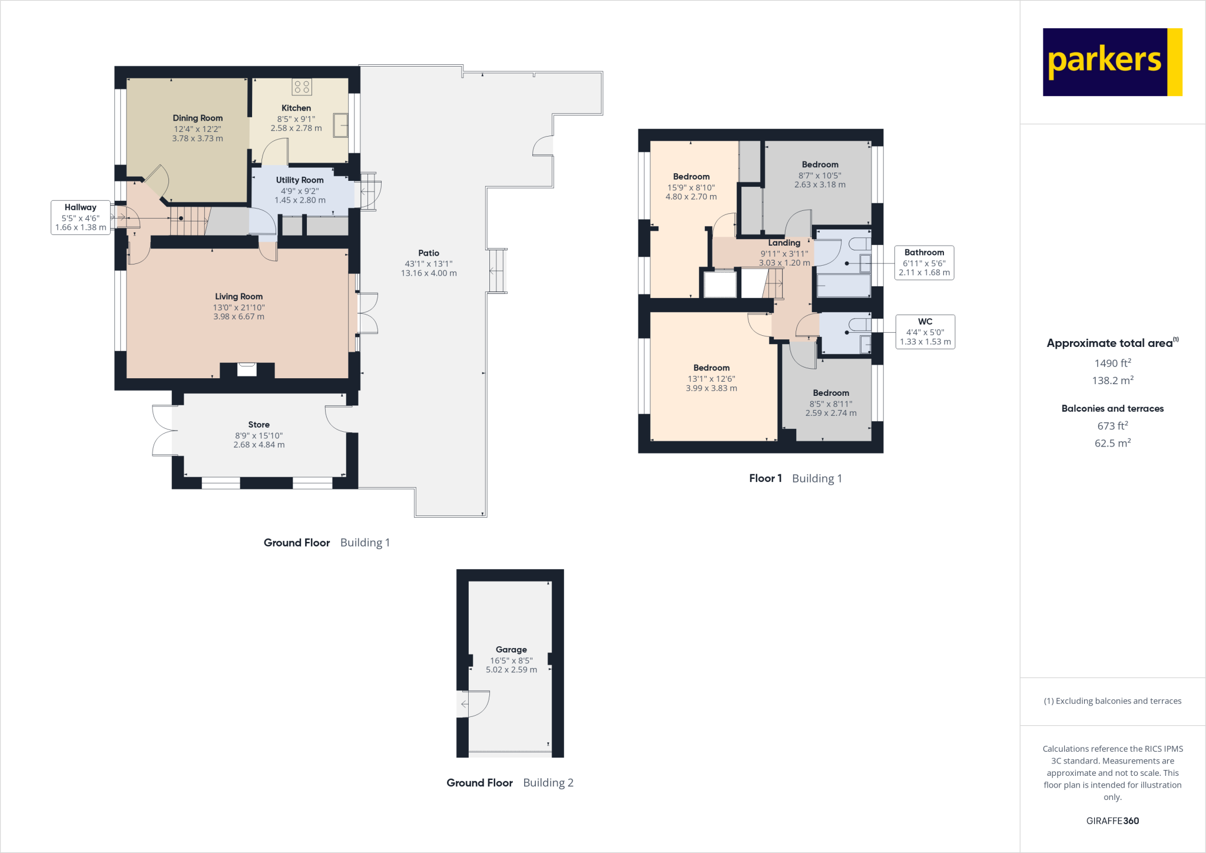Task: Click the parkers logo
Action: click(x=1112, y=62)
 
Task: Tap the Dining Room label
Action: click(x=197, y=118)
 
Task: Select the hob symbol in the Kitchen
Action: click(x=301, y=87)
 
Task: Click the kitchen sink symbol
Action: click(x=340, y=125)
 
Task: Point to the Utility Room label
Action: click(x=300, y=180)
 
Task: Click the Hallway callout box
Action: click(x=81, y=217)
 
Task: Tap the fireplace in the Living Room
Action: click(x=247, y=370)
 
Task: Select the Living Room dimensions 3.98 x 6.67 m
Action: click(x=238, y=317)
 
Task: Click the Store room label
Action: click(x=259, y=424)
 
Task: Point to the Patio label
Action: click(x=429, y=253)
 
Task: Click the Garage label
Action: click(x=511, y=649)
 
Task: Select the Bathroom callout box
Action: click(x=924, y=263)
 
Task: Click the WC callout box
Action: click(x=925, y=332)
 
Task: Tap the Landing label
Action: click(x=784, y=243)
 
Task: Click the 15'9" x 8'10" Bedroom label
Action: click(x=691, y=177)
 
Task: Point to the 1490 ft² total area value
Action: click(x=1112, y=363)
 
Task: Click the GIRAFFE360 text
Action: click(x=1112, y=821)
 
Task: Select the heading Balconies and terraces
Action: click(x=1112, y=408)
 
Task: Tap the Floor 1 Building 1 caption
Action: click(x=796, y=478)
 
